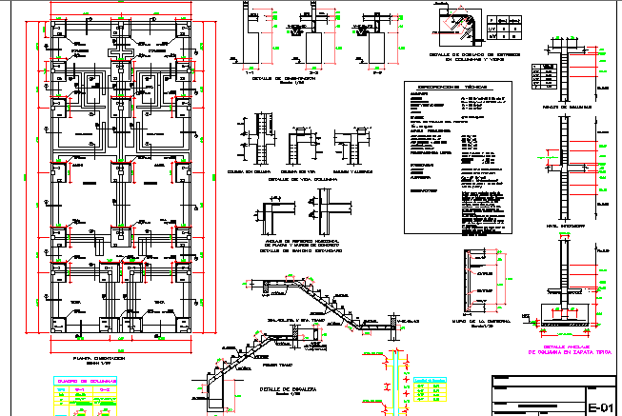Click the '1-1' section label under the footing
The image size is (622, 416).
251,69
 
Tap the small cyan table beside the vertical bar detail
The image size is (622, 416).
430,388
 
